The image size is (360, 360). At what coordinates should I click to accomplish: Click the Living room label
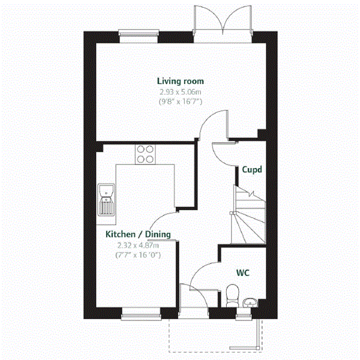181,80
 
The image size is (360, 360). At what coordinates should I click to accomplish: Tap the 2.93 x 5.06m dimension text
180,92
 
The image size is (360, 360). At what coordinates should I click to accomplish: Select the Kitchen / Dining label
138,234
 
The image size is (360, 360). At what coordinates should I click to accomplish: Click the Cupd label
251,169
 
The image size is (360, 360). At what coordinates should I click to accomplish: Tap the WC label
242,273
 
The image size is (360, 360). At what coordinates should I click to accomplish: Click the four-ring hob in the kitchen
145,155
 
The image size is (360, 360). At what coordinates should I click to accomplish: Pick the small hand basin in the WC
250,301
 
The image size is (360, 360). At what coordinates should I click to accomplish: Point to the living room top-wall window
139,35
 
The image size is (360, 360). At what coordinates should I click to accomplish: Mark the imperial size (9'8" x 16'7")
180,102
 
